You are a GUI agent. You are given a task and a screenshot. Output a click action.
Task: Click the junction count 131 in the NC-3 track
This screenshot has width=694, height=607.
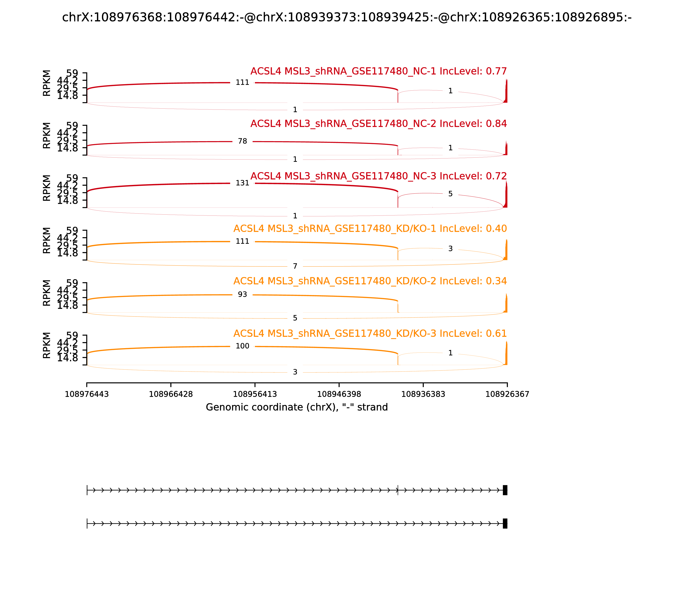pyautogui.click(x=242, y=183)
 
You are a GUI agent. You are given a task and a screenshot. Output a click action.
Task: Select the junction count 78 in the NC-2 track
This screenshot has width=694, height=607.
pyautogui.click(x=242, y=141)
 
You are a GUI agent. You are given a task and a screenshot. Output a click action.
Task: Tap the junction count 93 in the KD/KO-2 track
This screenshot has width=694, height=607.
pyautogui.click(x=242, y=294)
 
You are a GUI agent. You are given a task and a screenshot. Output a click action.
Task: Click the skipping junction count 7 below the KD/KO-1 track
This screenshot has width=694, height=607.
pyautogui.click(x=295, y=266)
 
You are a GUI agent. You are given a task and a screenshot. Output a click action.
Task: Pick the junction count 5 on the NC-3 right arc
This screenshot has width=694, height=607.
pyautogui.click(x=450, y=194)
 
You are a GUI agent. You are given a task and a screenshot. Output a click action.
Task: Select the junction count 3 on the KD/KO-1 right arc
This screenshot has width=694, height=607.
pyautogui.click(x=450, y=249)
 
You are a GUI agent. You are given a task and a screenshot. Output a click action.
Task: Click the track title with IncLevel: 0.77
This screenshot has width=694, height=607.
pyautogui.click(x=378, y=72)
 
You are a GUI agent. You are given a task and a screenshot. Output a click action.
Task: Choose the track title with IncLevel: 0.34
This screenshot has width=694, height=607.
pyautogui.click(x=370, y=281)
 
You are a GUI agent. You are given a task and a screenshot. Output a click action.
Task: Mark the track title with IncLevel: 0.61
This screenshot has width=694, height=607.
pyautogui.click(x=370, y=334)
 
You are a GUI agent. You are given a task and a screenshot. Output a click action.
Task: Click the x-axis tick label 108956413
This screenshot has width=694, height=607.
pyautogui.click(x=255, y=394)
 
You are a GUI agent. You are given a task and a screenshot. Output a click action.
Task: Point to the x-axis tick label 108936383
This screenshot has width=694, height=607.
pyautogui.click(x=423, y=394)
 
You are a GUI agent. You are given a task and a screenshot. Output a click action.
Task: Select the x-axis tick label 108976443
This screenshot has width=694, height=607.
pyautogui.click(x=87, y=394)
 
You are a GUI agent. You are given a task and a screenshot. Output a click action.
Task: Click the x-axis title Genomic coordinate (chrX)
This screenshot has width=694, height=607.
pyautogui.click(x=296, y=407)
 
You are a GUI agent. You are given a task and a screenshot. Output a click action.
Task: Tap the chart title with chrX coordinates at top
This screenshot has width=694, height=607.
pyautogui.click(x=347, y=17)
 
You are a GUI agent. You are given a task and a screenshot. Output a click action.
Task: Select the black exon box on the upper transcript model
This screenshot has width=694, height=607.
pyautogui.click(x=505, y=490)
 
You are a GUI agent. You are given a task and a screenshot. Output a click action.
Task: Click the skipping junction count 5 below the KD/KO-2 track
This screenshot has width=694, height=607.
pyautogui.click(x=295, y=318)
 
